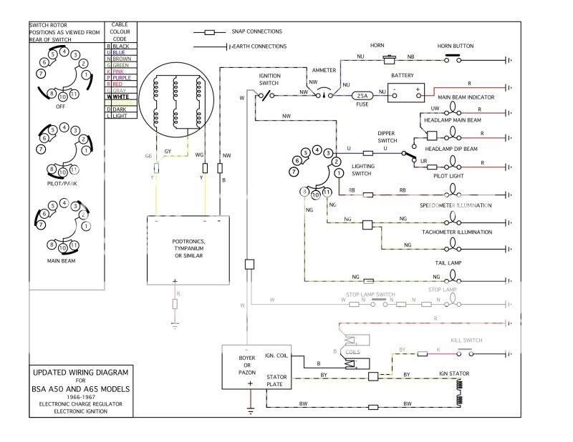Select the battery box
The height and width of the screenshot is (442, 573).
(406, 92)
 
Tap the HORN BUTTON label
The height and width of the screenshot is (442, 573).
(455, 46)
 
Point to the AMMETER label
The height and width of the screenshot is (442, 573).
(324, 71)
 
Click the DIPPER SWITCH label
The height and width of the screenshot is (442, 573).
(392, 137)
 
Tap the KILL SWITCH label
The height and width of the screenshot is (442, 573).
(466, 342)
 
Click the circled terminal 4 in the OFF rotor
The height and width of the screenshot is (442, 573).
(64, 51)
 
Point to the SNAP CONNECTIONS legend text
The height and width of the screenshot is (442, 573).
(256, 31)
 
